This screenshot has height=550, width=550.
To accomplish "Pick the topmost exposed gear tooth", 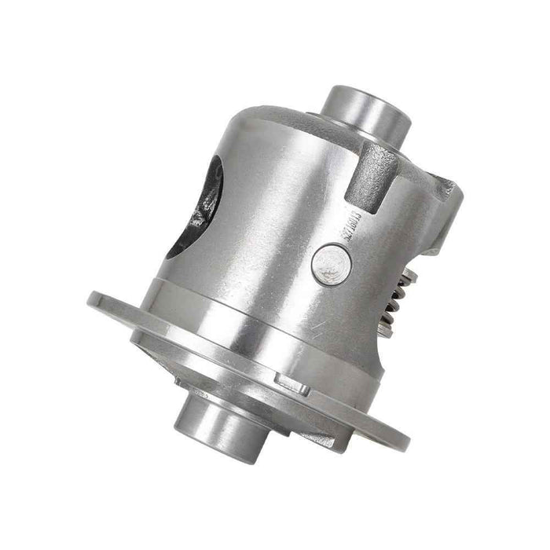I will pyautogui.click(x=410, y=272).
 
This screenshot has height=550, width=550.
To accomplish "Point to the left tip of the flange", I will pyautogui.click(x=92, y=299).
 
